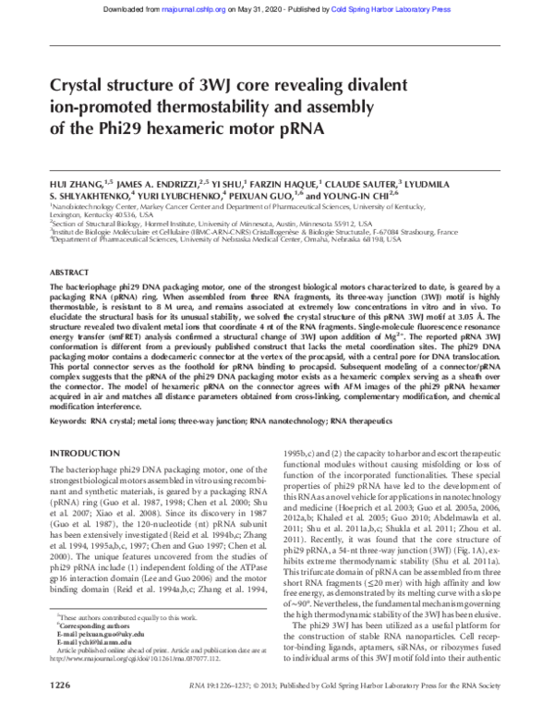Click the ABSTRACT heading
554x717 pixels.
coord(67,274)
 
